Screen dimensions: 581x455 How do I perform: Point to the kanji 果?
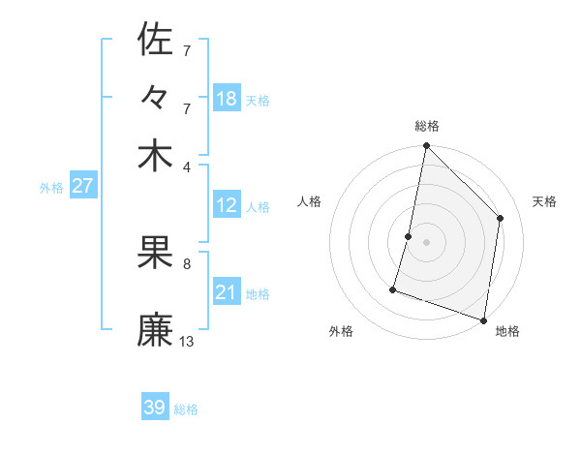pos(155,255)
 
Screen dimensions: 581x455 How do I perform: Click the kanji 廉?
pos(155,330)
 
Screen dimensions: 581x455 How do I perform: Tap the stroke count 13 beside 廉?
pos(187,341)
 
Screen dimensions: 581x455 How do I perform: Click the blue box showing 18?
pos(227,99)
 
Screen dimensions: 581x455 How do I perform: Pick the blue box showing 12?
pos(227,205)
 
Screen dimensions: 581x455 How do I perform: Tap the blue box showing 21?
pos(227,292)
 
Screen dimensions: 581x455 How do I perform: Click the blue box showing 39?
pos(155,408)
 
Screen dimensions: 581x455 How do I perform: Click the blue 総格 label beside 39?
pos(186,409)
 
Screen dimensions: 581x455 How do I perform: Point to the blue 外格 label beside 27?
pos(51,189)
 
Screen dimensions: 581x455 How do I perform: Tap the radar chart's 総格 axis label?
pos(426,126)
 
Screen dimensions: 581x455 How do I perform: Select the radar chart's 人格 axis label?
pos(309,201)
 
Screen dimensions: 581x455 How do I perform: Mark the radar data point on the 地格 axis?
pos(483,318)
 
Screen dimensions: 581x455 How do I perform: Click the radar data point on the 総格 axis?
pos(426,146)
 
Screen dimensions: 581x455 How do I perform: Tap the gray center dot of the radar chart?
pos(426,241)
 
